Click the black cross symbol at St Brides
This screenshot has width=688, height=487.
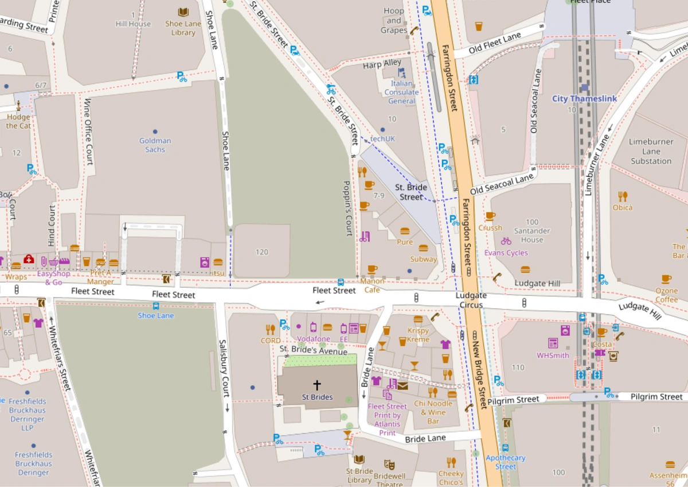click(316, 385)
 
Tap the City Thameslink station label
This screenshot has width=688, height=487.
click(584, 98)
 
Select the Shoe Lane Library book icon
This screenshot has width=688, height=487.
click(183, 12)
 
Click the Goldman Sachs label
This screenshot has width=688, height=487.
click(155, 145)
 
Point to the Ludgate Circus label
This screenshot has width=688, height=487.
click(471, 300)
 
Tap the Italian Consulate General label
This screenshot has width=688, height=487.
click(401, 92)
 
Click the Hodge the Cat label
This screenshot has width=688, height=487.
click(18, 121)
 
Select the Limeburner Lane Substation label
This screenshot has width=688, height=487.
click(651, 151)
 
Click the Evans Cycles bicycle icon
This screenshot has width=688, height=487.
click(506, 241)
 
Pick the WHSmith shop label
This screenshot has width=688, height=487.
click(553, 355)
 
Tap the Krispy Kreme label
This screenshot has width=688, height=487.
click(418, 335)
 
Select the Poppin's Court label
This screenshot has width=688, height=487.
click(347, 208)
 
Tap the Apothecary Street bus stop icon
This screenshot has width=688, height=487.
click(505, 448)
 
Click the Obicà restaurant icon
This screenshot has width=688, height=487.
click(623, 196)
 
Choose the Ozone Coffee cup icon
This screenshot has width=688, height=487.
click(666, 279)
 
